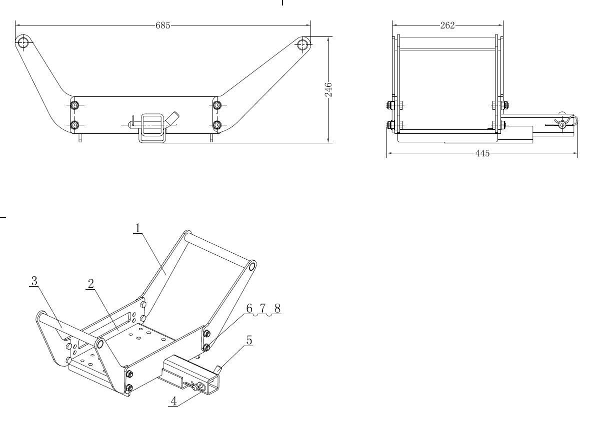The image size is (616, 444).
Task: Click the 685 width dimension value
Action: [x=162, y=25]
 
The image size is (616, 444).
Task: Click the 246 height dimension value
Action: [x=328, y=89]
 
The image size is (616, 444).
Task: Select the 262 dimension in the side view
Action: [x=447, y=25]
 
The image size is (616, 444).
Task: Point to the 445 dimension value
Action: [x=482, y=153]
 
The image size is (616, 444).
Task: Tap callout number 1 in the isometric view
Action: [x=137, y=228]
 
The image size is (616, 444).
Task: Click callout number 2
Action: [x=91, y=284]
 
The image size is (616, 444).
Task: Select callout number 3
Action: [x=34, y=281]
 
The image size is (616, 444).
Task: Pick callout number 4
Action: [x=173, y=401]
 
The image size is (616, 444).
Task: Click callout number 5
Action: [x=248, y=341]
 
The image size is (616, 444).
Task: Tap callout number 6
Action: [x=249, y=309]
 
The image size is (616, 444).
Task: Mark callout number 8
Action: [x=277, y=309]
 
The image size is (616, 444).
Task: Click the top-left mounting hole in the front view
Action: [x=22, y=41]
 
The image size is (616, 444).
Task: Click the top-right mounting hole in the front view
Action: [x=303, y=44]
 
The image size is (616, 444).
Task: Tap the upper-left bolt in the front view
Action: [x=74, y=105]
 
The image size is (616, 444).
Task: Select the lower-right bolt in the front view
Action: [x=216, y=124]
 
